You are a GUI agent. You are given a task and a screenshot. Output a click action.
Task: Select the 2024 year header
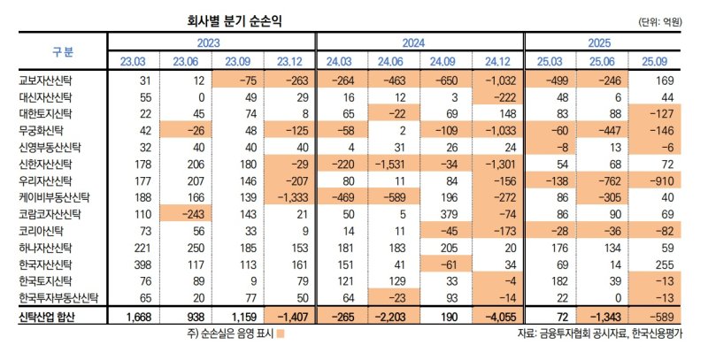[419, 42]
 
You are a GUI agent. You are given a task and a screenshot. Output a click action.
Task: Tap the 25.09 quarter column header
[655, 61]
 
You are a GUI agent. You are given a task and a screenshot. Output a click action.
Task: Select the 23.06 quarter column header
[186, 61]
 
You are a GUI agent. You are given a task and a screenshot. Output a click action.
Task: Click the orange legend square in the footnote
[281, 334]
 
